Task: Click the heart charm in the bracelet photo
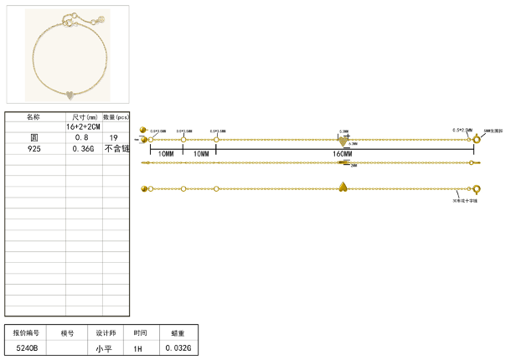pyautogui.click(x=70, y=92)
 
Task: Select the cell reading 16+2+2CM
pyautogui.click(x=84, y=126)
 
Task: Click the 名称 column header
pyautogui.click(x=34, y=116)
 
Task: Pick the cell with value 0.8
pyautogui.click(x=83, y=137)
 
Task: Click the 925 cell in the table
pyautogui.click(x=34, y=148)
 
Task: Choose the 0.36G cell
pyautogui.click(x=83, y=148)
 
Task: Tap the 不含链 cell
pyautogui.click(x=116, y=148)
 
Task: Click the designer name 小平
pyautogui.click(x=104, y=347)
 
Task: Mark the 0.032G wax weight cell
pyautogui.click(x=178, y=347)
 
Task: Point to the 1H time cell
pyautogui.click(x=139, y=347)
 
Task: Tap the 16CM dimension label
pyautogui.click(x=343, y=154)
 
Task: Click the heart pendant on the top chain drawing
pyautogui.click(x=343, y=139)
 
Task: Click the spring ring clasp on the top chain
pyautogui.click(x=477, y=138)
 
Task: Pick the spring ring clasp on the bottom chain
pyautogui.click(x=477, y=189)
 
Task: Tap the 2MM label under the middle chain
pyautogui.click(x=354, y=166)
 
